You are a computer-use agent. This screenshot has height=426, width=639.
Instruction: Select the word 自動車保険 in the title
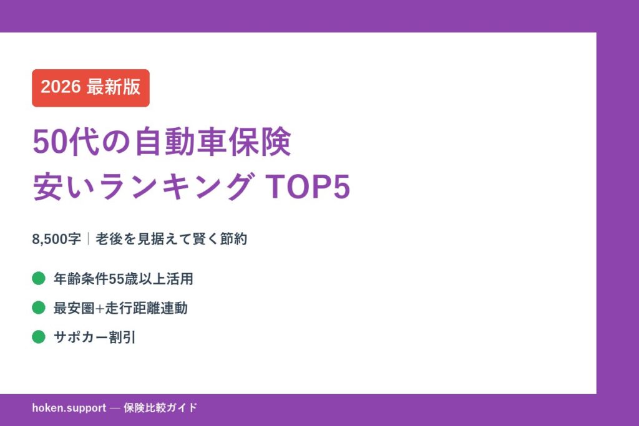(x=213, y=143)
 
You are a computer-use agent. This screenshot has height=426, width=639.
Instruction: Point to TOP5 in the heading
(x=308, y=188)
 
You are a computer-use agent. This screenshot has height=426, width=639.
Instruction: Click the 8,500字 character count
(x=56, y=239)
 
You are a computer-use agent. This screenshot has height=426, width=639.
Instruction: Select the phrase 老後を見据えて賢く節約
(x=172, y=239)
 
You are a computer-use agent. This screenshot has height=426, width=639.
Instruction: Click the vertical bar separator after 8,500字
(x=89, y=239)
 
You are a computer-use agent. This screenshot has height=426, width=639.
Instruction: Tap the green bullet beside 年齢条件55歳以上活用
(x=39, y=278)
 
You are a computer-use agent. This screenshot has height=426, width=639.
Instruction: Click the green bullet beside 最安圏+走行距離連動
(x=39, y=308)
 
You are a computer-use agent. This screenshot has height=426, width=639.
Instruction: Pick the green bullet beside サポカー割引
(x=39, y=337)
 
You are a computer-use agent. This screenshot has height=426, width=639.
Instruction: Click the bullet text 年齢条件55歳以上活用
(x=123, y=279)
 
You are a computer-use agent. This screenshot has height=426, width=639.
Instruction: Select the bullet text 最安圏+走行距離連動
(x=120, y=308)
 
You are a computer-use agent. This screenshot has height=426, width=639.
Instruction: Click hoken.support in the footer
(x=69, y=408)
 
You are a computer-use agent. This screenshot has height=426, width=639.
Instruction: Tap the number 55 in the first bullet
(x=116, y=279)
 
